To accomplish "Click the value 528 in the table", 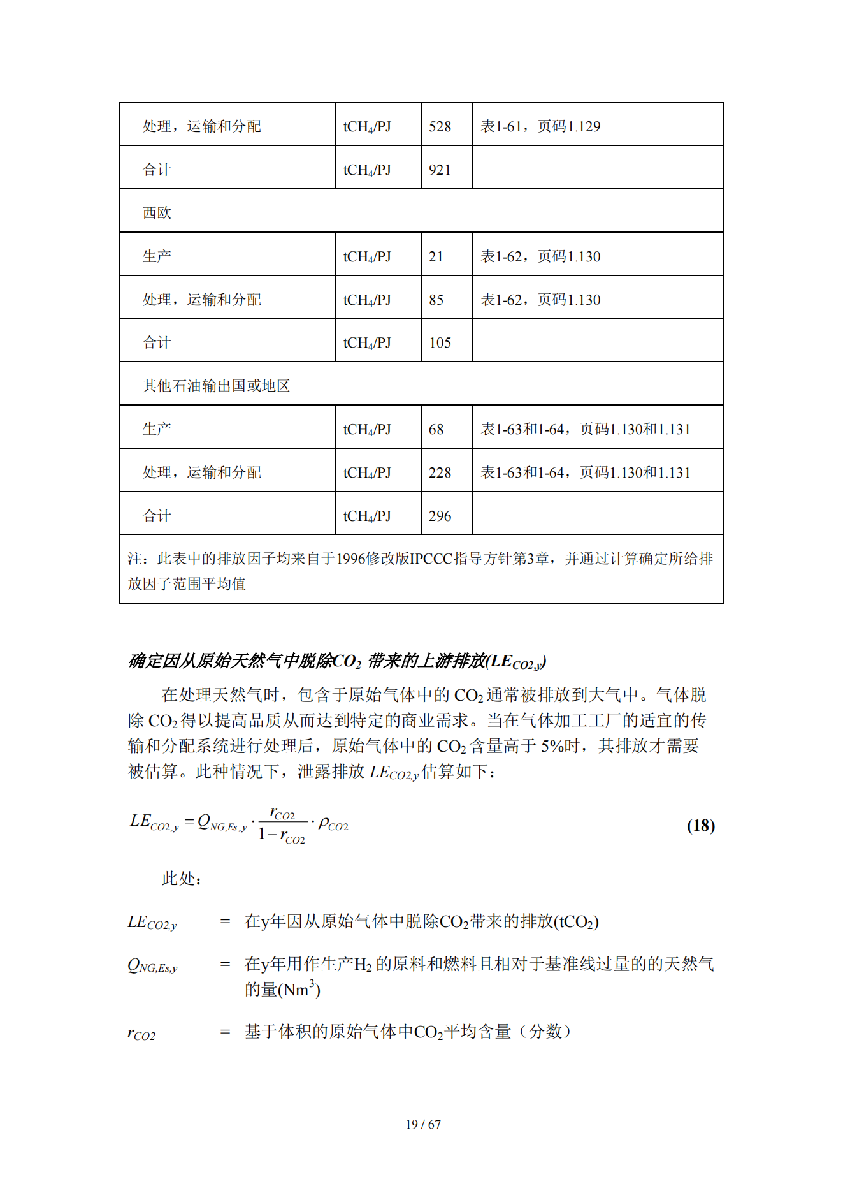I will (x=440, y=126).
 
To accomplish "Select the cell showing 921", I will (x=440, y=170).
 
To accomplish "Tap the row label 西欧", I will (x=157, y=213).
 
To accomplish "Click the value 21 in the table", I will (x=436, y=256).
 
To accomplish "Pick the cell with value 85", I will (x=436, y=300).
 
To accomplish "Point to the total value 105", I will (x=440, y=342).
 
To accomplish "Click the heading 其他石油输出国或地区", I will (x=216, y=386).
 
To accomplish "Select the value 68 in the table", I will (x=436, y=429).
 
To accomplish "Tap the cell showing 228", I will (x=440, y=472).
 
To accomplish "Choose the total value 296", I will (x=440, y=516).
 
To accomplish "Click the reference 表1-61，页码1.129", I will (x=540, y=126).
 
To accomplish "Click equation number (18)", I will (x=700, y=826).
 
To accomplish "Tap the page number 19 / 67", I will (x=423, y=1124).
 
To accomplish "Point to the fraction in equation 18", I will (x=282, y=824).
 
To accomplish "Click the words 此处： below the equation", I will (x=182, y=879).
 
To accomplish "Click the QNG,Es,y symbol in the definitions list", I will (x=152, y=965).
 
